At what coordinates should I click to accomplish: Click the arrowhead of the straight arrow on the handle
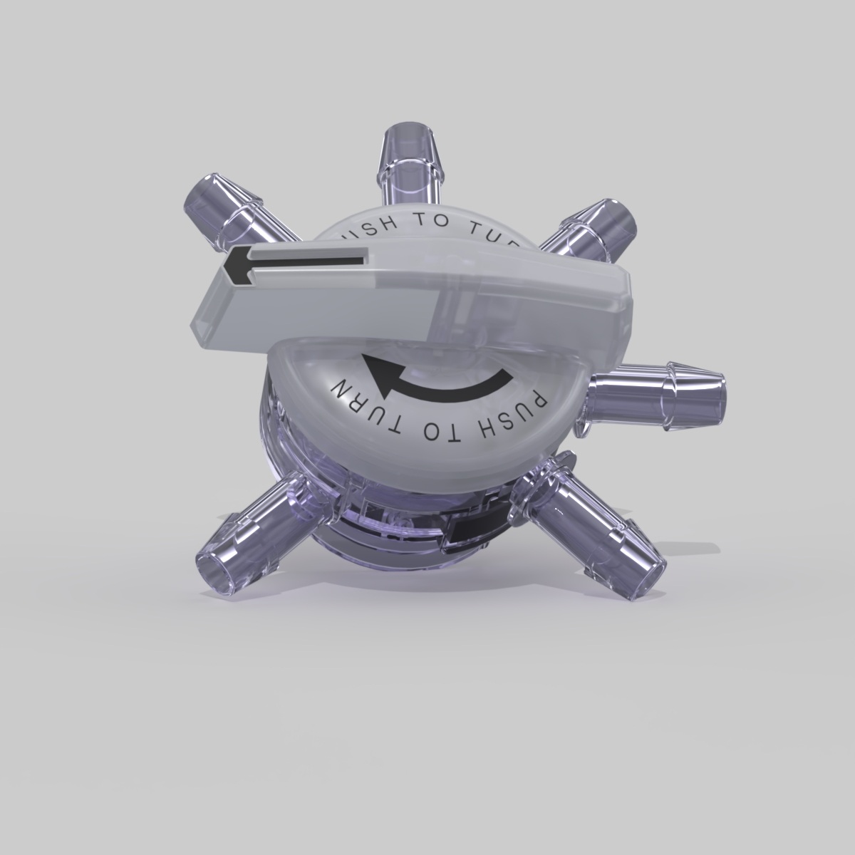tap(234, 266)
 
